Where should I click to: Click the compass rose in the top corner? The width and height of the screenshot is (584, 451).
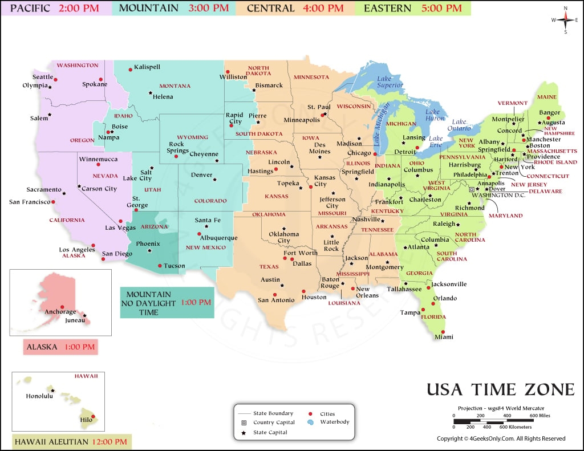pos(566,20)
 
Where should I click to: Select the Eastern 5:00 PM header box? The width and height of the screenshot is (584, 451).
pos(413,8)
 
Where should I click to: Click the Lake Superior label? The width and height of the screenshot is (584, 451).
pos(390,82)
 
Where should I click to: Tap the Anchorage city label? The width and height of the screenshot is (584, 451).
pos(60,312)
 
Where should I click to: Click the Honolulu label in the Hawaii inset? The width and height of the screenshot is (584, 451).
pos(39,396)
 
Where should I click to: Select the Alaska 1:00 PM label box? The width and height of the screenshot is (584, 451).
pos(60,346)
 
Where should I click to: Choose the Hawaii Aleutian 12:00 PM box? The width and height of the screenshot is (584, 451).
pos(71,442)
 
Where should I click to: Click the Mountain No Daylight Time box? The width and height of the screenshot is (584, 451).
pos(167,303)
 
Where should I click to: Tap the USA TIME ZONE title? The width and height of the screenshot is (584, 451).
pos(501,389)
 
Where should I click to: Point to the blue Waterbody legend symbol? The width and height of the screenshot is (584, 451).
pos(310,422)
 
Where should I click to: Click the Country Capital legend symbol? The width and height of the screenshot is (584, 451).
pos(244,422)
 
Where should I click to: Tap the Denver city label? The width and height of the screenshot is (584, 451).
pos(201,175)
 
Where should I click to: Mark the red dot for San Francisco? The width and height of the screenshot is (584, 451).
pos(53,201)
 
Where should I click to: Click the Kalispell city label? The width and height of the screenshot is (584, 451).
pos(147,67)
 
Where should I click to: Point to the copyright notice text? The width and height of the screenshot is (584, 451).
pos(501,438)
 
